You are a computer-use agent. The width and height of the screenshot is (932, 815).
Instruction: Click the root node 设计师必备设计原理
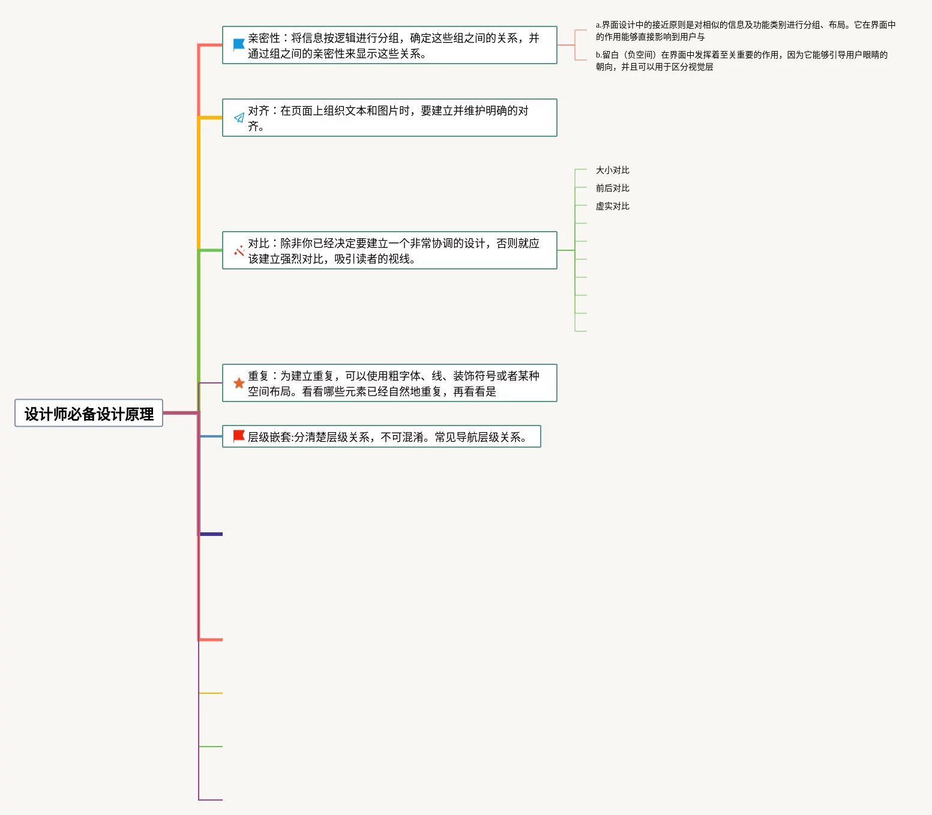[x=89, y=414]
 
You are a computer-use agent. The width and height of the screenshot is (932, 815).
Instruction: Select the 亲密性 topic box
[x=390, y=46]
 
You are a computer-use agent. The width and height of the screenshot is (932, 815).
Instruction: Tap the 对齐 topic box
[x=390, y=118]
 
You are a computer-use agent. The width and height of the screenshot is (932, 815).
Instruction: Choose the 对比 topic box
[x=390, y=251]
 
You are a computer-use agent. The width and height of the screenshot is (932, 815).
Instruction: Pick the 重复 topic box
[x=390, y=383]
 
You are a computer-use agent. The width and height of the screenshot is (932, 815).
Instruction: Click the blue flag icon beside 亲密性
[x=238, y=44]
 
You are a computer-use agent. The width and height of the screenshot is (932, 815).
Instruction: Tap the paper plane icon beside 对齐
[x=239, y=118]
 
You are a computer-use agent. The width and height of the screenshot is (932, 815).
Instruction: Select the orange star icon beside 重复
[x=239, y=383]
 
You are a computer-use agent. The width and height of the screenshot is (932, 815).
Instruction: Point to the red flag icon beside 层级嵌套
[x=238, y=436]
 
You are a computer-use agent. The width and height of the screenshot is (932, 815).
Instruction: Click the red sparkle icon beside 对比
[x=239, y=250]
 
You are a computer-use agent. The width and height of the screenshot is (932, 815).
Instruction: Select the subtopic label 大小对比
[x=612, y=170]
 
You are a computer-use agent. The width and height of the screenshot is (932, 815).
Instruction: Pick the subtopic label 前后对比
[x=612, y=188]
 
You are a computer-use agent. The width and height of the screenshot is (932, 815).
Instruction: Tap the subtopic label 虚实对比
[x=612, y=206]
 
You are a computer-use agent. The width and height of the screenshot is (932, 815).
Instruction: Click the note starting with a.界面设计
[x=745, y=31]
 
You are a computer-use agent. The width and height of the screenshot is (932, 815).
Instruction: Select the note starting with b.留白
[x=741, y=61]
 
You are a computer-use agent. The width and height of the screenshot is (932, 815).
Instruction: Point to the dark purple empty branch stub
[x=211, y=534]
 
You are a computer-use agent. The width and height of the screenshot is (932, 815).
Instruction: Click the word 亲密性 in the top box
[x=264, y=38]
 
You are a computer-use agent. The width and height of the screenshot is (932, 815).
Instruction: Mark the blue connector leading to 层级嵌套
[x=211, y=436]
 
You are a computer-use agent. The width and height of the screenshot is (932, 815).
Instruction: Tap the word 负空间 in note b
[x=641, y=55]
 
